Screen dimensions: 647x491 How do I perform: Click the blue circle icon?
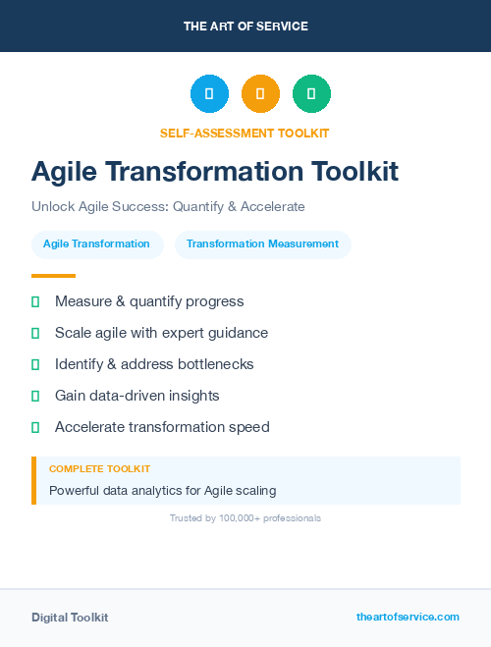[209, 94]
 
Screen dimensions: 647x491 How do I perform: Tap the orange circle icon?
[260, 94]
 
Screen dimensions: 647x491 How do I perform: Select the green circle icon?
[311, 94]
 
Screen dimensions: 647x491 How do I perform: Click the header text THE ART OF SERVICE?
[245, 26]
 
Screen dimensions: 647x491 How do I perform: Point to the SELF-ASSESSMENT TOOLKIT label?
[245, 133]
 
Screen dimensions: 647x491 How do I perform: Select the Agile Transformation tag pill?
[96, 243]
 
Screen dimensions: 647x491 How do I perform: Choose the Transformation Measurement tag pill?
[262, 243]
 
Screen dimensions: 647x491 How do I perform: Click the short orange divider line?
[53, 276]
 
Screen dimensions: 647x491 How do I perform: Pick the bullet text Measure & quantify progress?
[149, 301]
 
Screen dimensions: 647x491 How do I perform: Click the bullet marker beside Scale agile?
[35, 333]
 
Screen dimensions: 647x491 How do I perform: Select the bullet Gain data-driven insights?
[136, 396]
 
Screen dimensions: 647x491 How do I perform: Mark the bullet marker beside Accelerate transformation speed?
[35, 427]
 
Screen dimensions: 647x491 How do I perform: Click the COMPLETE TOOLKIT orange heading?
[99, 469]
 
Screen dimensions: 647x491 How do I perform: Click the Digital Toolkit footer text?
[70, 617]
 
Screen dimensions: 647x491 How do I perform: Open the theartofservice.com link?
[408, 617]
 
